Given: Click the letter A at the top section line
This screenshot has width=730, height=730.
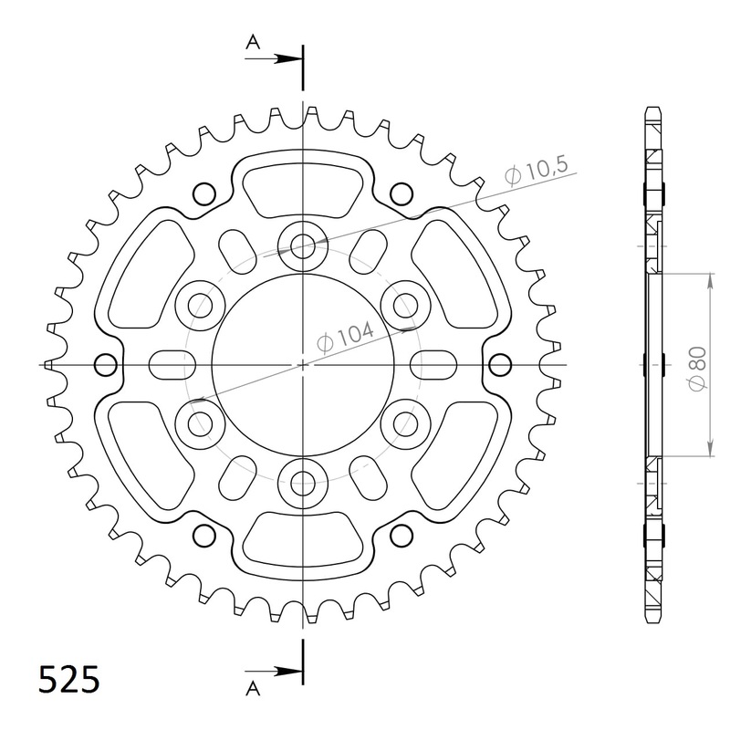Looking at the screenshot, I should [252, 41].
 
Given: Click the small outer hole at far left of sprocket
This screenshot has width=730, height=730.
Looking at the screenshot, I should [106, 364].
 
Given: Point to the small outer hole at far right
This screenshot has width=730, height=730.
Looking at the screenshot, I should [498, 364].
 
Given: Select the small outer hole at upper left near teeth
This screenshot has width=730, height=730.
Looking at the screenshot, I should [204, 193].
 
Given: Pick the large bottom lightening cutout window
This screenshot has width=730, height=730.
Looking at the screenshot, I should [302, 540].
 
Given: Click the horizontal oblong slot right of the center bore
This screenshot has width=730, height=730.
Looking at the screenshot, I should [433, 364].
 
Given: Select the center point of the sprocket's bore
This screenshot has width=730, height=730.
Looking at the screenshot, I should [302, 364].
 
